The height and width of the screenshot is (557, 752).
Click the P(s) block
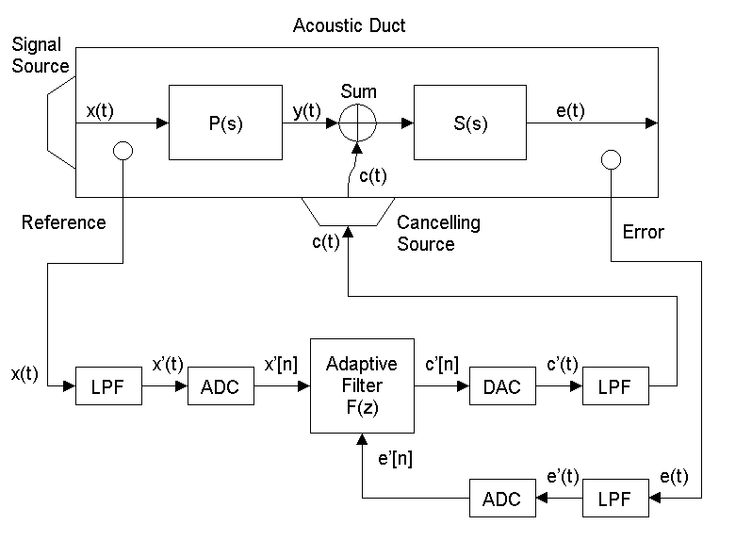click(x=225, y=123)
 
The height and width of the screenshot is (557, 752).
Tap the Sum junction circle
click(x=357, y=123)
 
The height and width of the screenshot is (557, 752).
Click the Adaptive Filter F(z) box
click(x=361, y=385)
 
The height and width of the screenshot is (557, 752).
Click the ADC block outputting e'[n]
click(x=501, y=498)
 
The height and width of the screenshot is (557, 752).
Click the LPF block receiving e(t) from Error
click(x=615, y=498)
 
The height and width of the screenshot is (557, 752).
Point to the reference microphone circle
click(x=123, y=151)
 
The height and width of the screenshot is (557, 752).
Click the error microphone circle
click(x=611, y=159)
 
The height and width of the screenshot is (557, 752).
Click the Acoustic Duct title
click(x=349, y=25)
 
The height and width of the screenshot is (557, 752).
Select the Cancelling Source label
click(x=438, y=234)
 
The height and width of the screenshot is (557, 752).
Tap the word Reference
click(x=63, y=222)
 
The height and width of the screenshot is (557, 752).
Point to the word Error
click(x=644, y=232)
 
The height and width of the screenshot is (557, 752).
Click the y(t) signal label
click(x=307, y=110)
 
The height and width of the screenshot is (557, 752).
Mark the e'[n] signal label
click(x=394, y=459)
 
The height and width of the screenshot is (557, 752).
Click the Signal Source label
click(x=41, y=56)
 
